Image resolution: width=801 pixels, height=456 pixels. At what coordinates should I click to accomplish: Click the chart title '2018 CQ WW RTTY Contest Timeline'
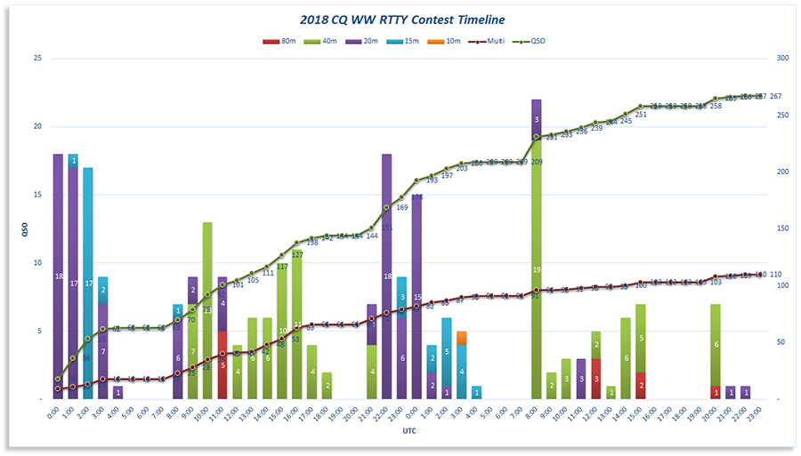click(x=400, y=19)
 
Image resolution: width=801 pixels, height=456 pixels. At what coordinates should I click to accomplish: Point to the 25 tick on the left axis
click(x=36, y=58)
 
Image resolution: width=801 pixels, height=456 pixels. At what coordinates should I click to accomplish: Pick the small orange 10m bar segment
click(x=461, y=338)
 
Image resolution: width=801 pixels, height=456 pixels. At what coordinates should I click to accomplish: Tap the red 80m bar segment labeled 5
click(x=222, y=365)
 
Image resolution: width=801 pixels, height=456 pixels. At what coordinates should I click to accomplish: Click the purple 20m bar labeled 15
click(x=417, y=298)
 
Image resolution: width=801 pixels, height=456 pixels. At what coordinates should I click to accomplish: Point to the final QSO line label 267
click(x=775, y=96)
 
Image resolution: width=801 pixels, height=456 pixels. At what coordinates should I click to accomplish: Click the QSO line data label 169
click(x=401, y=207)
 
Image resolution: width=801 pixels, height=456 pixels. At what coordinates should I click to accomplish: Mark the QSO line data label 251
click(x=641, y=115)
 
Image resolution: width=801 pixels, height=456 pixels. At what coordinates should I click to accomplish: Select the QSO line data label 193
click(x=433, y=180)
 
